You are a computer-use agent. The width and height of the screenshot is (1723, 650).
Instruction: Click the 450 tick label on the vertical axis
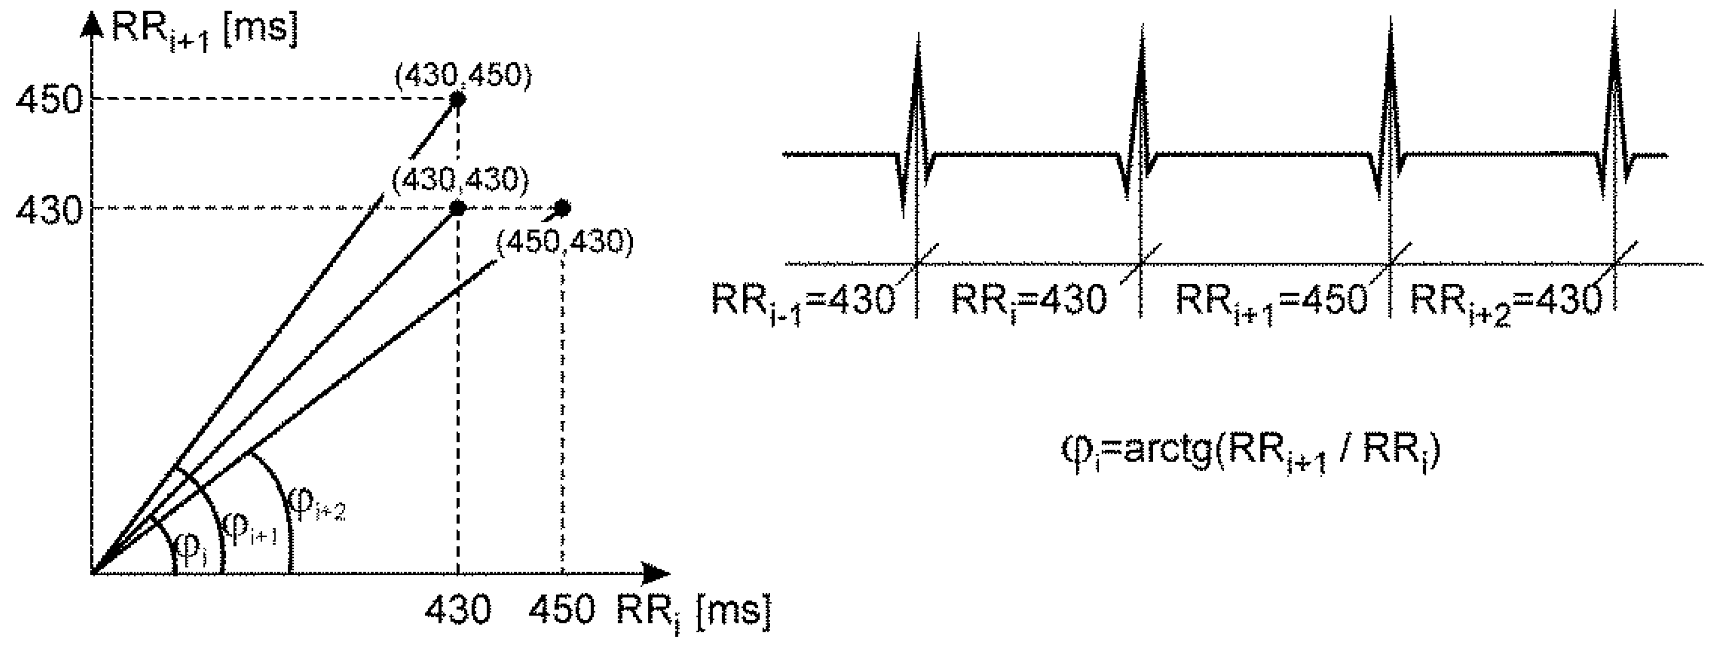click(x=48, y=102)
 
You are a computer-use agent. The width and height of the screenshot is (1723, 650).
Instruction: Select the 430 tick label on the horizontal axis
click(x=458, y=610)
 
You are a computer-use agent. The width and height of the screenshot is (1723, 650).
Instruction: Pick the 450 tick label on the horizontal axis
click(x=562, y=610)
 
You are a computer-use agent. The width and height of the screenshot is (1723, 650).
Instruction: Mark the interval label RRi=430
click(x=1029, y=301)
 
